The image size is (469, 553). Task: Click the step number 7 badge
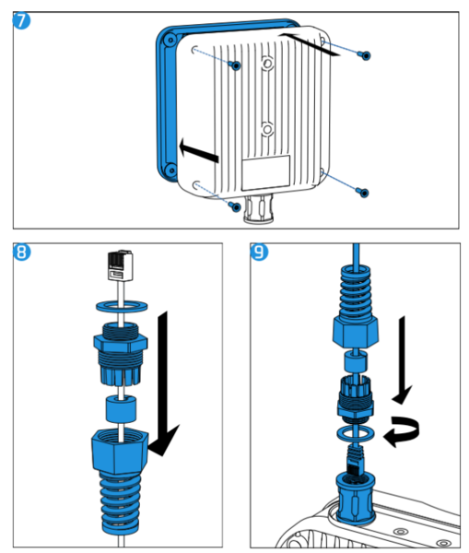click(21, 20)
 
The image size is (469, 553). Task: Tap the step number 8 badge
click(21, 252)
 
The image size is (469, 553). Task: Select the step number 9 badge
click(259, 252)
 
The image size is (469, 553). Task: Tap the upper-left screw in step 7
click(235, 65)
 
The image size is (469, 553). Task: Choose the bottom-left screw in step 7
click(235, 206)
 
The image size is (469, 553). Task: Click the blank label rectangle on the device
click(266, 173)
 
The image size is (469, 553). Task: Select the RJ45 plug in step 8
click(121, 265)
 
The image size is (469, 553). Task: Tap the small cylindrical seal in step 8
click(121, 408)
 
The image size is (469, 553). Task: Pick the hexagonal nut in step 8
click(120, 451)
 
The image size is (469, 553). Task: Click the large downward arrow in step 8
click(163, 384)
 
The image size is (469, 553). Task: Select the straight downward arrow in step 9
click(403, 360)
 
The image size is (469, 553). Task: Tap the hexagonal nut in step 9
click(356, 331)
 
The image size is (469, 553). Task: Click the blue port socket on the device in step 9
click(356, 498)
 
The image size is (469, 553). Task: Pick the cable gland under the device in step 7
click(259, 209)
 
